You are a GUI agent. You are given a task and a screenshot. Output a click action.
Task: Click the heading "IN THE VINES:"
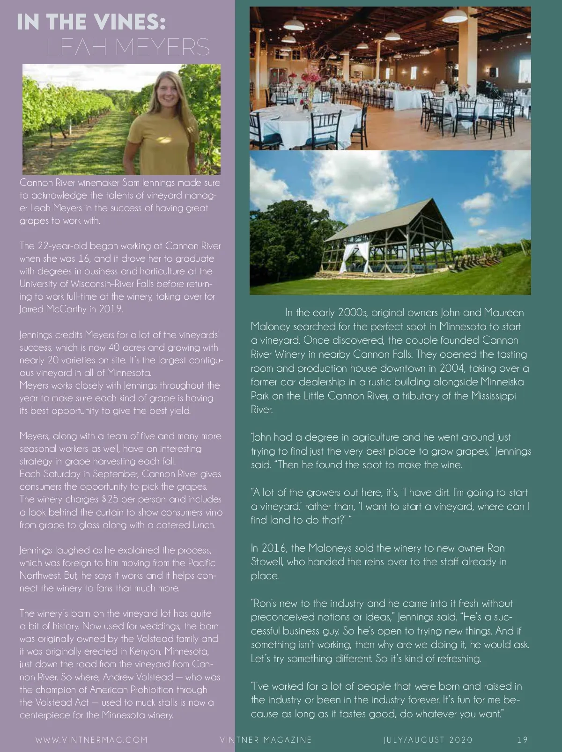91,22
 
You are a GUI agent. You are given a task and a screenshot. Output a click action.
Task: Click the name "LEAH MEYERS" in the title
128,47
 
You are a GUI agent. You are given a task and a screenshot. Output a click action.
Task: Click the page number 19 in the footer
523,740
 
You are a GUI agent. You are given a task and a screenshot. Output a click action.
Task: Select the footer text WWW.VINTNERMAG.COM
91,740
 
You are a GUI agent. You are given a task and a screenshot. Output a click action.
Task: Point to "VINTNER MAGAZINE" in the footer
266,740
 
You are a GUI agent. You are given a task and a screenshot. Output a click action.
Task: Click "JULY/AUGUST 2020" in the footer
428,740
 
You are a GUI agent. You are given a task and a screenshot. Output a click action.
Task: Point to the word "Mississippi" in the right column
493,396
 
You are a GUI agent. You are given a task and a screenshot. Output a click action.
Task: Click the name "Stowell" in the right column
266,561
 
